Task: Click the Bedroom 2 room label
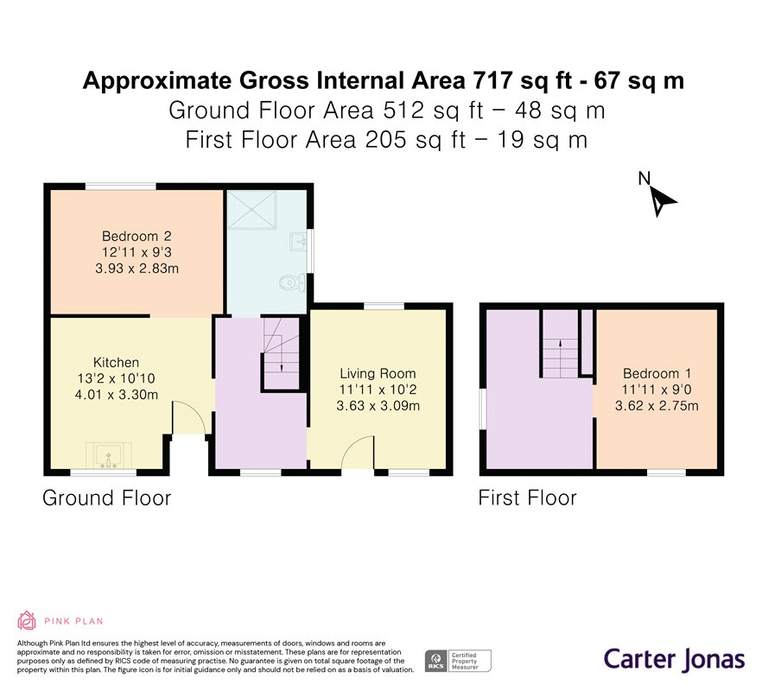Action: click(137, 236)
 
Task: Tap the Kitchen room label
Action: click(116, 363)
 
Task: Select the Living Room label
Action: click(378, 374)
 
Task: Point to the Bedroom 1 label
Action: click(657, 374)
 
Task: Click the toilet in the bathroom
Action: click(293, 282)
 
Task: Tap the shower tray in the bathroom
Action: click(252, 209)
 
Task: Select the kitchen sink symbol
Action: click(108, 456)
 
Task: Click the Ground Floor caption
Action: click(107, 498)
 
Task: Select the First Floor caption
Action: click(527, 498)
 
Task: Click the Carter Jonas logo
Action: click(674, 659)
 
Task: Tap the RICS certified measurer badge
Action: click(458, 661)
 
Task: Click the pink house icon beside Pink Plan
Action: click(27, 620)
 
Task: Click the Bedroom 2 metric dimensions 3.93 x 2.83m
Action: click(137, 269)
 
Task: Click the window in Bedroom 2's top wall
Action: click(121, 186)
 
